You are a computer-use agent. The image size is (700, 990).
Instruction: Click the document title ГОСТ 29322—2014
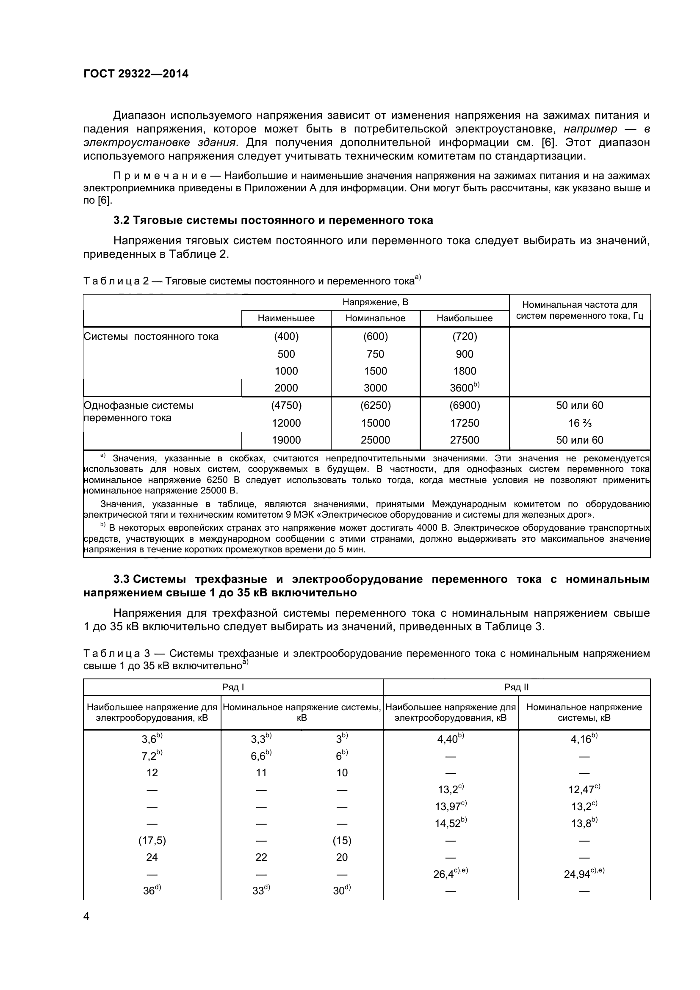coord(136,74)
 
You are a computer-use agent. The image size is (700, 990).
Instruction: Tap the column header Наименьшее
coord(286,318)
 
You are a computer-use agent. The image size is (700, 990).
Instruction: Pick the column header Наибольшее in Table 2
coord(465,318)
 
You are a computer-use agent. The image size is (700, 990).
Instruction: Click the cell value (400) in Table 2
coord(286,336)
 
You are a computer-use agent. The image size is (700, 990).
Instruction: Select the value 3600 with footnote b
coord(464,388)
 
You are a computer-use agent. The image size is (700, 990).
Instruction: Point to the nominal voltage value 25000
coord(375,440)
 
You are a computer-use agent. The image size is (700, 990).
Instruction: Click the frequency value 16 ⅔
coord(580,423)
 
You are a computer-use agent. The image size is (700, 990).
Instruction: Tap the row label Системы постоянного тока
coord(151,336)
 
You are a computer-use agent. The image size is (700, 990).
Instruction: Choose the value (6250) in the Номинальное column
coord(375,405)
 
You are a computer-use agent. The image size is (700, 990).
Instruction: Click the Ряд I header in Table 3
coord(233,687)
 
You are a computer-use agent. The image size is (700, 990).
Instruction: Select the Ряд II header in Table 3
coord(516,687)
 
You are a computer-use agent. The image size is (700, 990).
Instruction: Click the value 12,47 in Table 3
coord(583,789)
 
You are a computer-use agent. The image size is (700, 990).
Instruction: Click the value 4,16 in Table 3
coord(583,739)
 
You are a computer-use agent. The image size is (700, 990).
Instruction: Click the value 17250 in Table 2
coord(465,423)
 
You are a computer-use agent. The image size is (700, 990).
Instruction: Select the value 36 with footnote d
coord(151,891)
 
